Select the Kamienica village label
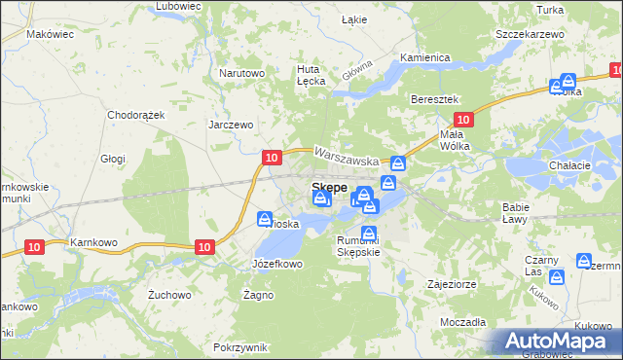424,57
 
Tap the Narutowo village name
241,73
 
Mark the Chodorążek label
137,114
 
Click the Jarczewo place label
231,125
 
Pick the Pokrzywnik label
239,347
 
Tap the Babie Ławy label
515,213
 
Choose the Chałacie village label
570,165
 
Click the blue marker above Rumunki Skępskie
370,233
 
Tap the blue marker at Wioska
264,219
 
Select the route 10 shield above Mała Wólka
463,120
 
